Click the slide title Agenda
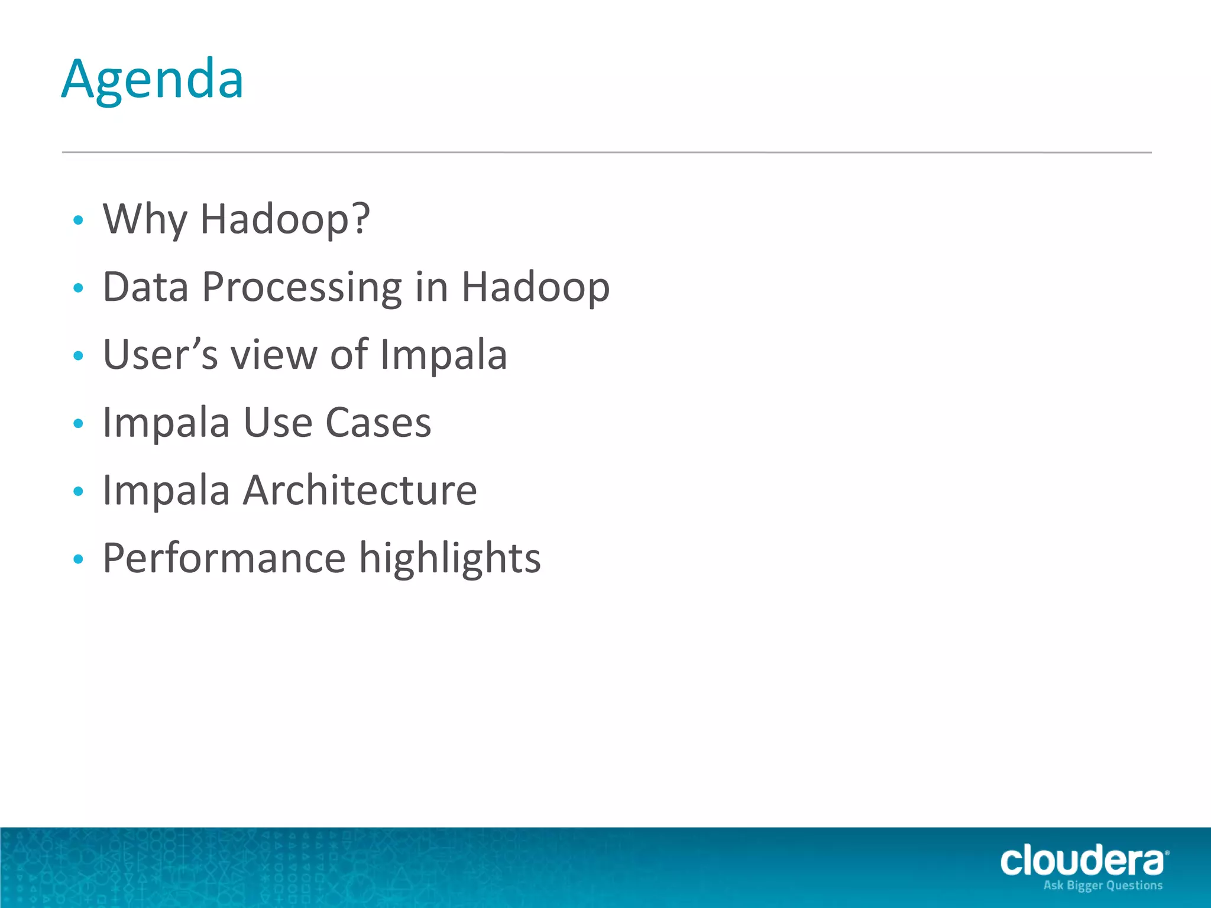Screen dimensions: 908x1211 pos(153,80)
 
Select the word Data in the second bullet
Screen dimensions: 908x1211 pos(145,287)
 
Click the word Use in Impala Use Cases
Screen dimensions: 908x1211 pos(278,423)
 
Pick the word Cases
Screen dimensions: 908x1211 pos(378,423)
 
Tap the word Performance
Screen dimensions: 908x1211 pos(224,559)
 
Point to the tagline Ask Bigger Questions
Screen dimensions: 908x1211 pos(1103,886)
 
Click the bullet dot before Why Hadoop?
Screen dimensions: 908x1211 pos(78,220)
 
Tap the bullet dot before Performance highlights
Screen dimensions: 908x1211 pos(78,559)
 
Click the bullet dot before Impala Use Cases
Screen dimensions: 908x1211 pos(78,424)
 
